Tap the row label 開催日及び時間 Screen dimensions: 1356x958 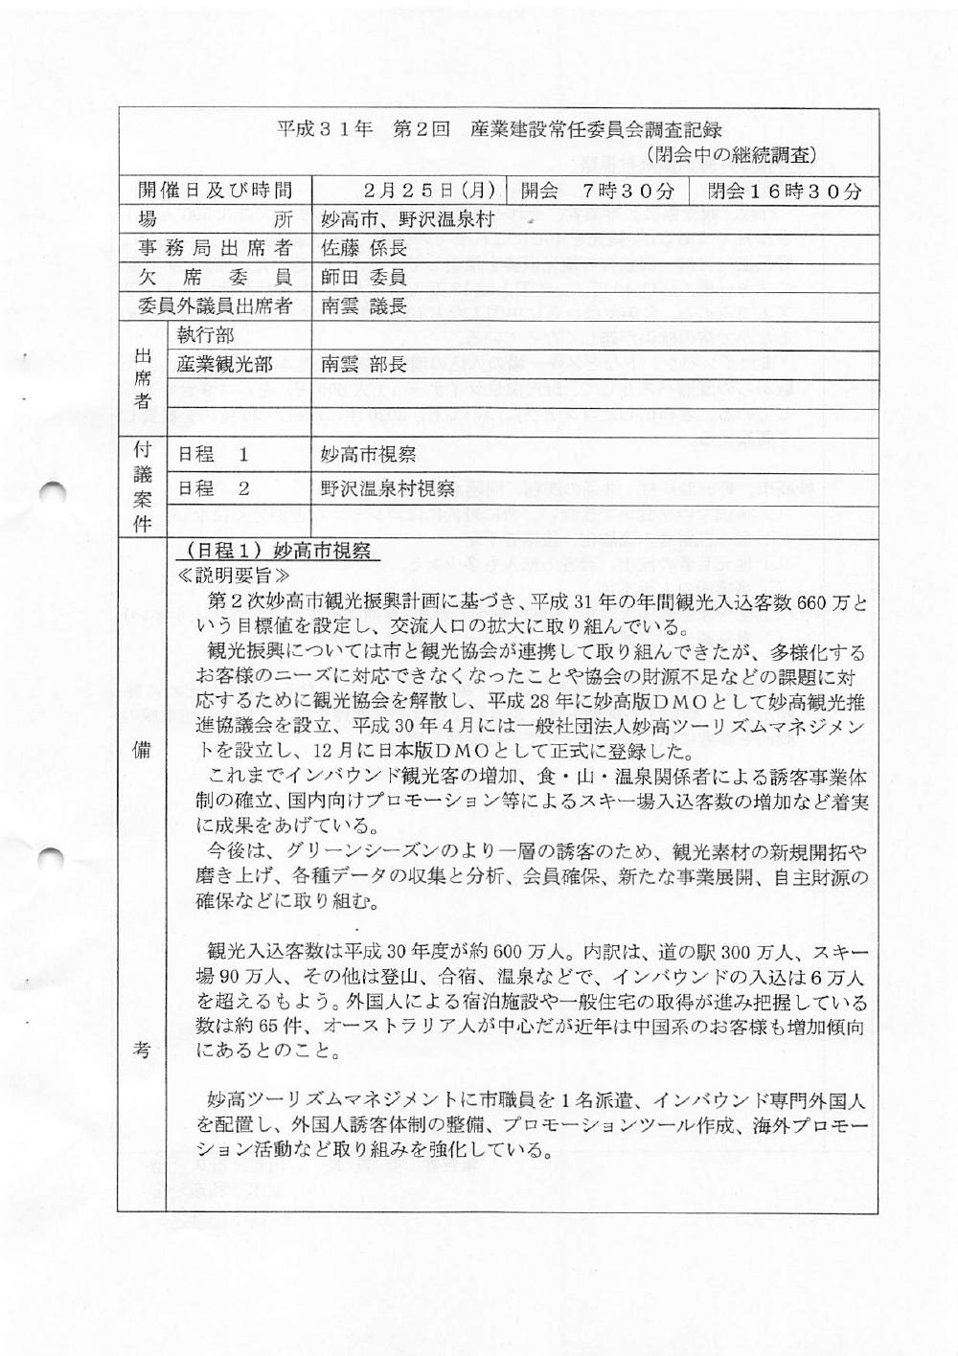(x=215, y=191)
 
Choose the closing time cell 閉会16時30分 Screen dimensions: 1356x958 (x=785, y=191)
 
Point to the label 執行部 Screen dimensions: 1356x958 (x=206, y=335)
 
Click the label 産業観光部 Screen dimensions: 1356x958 (x=225, y=364)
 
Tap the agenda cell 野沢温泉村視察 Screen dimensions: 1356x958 (x=388, y=488)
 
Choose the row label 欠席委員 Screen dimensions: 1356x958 (x=215, y=277)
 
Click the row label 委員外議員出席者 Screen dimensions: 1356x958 (x=215, y=306)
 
